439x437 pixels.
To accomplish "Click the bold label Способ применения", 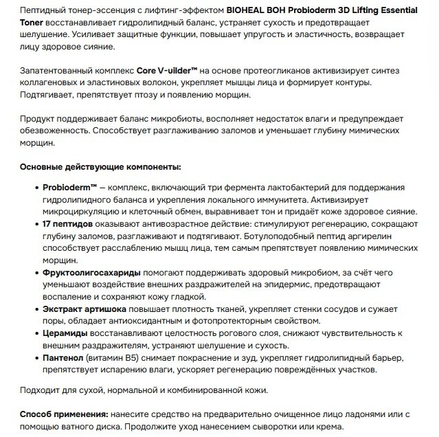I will (x=63, y=415).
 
